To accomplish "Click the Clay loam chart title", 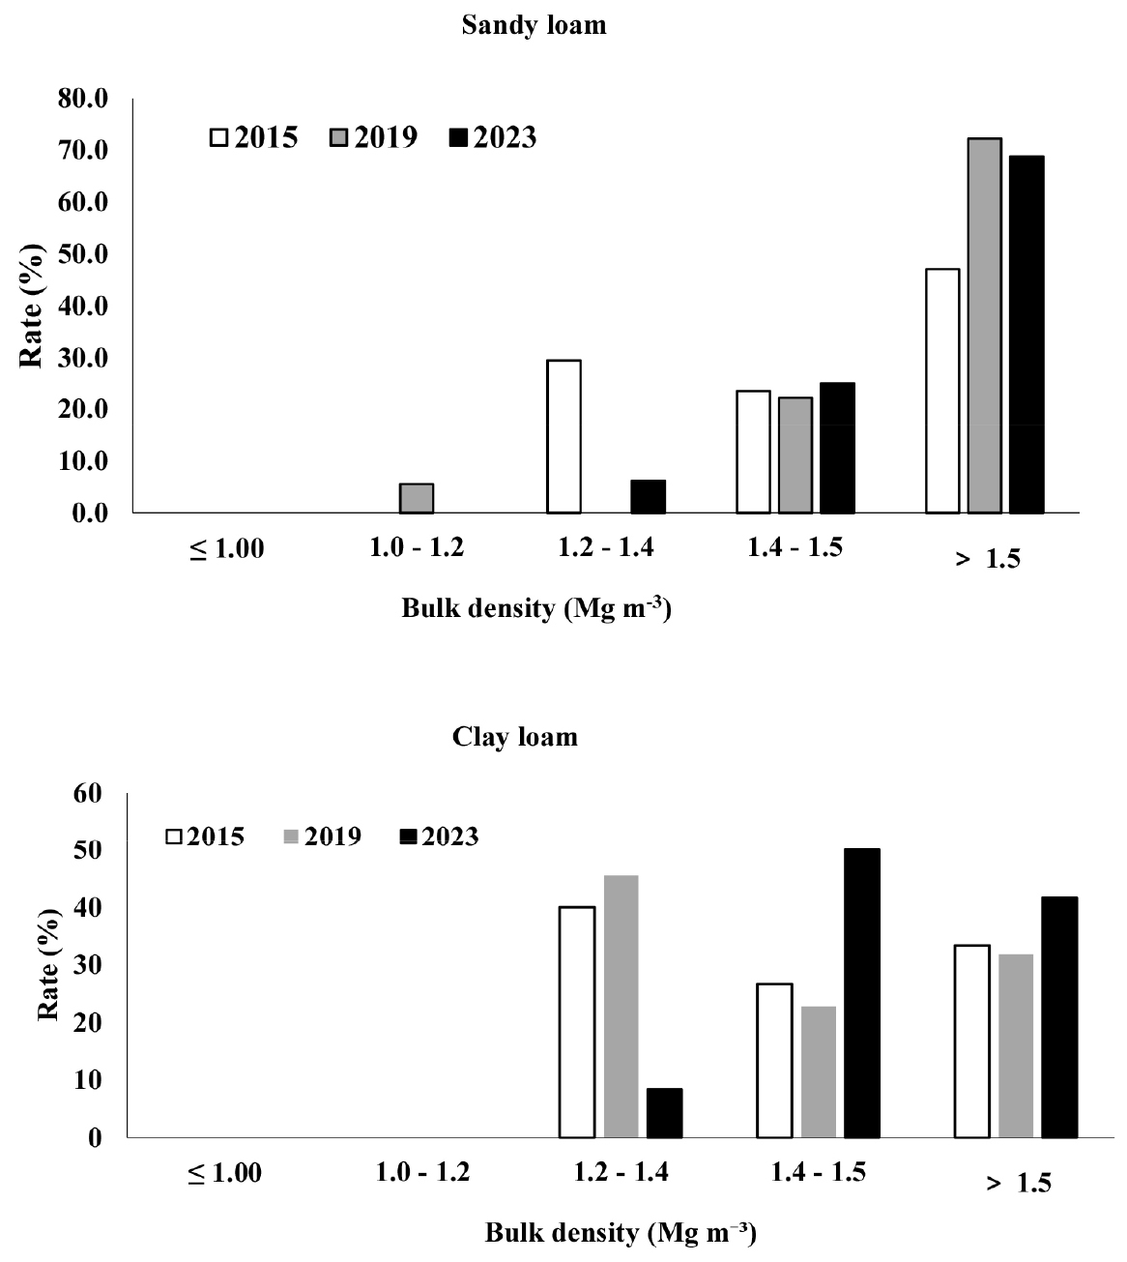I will [515, 738].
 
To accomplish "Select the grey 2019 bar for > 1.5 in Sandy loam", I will [984, 325].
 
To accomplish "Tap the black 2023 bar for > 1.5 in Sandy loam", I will [1026, 334].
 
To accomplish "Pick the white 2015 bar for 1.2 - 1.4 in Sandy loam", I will [563, 436].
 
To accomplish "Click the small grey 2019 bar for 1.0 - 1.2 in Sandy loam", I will [416, 498].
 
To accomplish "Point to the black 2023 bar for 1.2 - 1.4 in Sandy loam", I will [648, 496].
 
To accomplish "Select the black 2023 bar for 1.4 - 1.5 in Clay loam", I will [862, 993].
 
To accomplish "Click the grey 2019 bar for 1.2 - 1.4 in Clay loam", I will [621, 1007].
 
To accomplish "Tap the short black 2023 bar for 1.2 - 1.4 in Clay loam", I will [664, 1113].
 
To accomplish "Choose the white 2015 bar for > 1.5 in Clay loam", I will [972, 1042].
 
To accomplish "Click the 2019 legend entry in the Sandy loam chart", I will [375, 138].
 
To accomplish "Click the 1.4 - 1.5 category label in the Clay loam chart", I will [819, 1173].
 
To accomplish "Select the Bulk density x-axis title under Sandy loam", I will [535, 610].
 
